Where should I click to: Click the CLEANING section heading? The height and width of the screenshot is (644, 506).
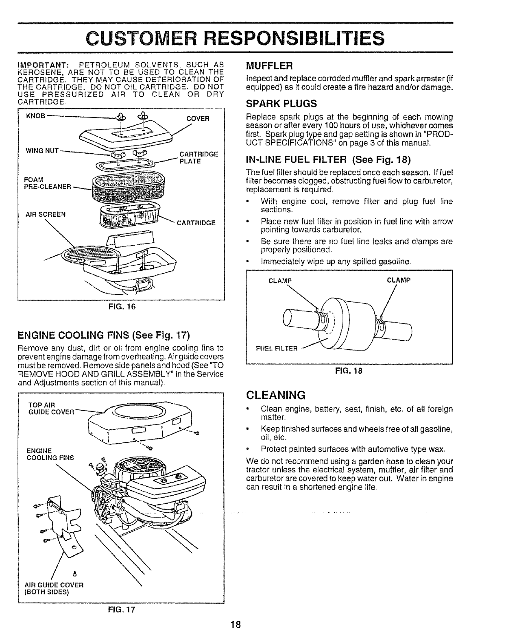click(x=276, y=395)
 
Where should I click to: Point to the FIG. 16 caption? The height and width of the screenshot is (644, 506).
click(x=121, y=307)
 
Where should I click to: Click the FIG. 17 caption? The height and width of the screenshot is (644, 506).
click(x=121, y=609)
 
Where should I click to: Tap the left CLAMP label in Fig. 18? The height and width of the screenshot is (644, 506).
click(x=281, y=280)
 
